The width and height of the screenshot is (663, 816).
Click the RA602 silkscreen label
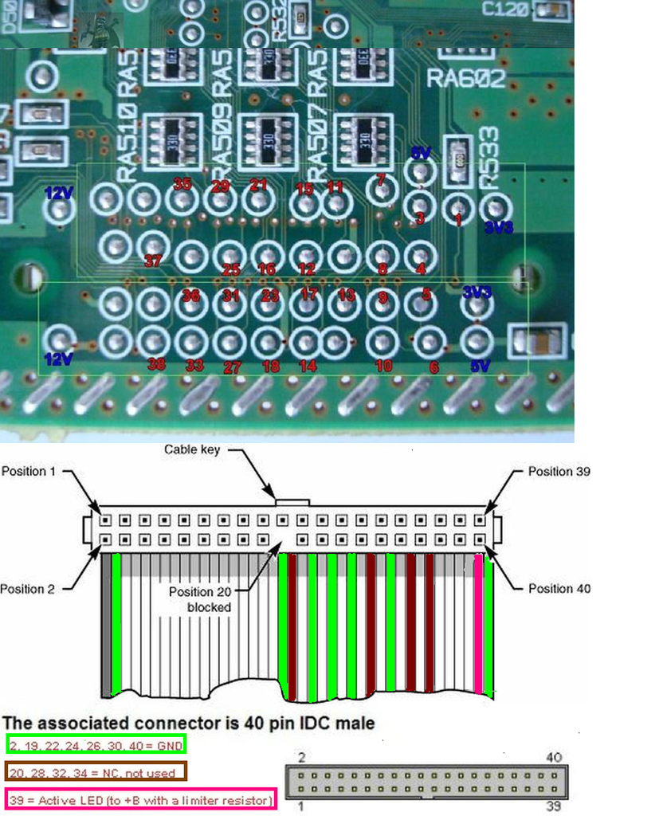point(466,79)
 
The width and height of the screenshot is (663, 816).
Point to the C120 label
point(507,9)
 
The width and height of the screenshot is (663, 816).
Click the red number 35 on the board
point(182,184)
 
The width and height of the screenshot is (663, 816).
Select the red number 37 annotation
point(153,261)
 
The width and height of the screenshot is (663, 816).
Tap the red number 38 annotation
point(156,364)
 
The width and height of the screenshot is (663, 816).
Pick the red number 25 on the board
point(230,270)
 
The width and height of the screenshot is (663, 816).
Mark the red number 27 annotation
point(232,367)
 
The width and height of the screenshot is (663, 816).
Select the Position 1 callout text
point(29,471)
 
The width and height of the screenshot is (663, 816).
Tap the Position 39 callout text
point(559,471)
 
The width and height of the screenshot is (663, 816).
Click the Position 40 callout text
point(559,588)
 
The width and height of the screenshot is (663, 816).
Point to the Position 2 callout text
point(28,589)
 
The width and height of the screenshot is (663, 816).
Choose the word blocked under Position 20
point(209,606)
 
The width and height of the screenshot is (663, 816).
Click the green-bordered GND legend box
point(96,745)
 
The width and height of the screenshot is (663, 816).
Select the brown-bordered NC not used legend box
point(96,771)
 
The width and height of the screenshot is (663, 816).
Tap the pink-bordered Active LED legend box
point(140,798)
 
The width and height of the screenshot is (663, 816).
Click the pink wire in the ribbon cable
point(478,622)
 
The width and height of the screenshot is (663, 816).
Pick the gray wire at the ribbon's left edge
point(106,622)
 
